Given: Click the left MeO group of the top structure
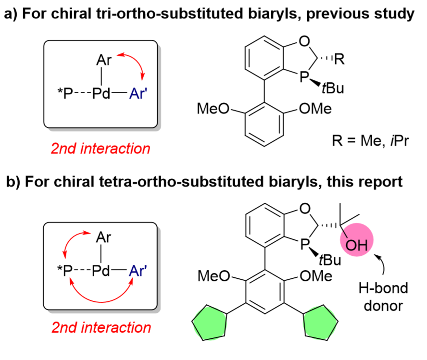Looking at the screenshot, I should [x=213, y=109].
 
